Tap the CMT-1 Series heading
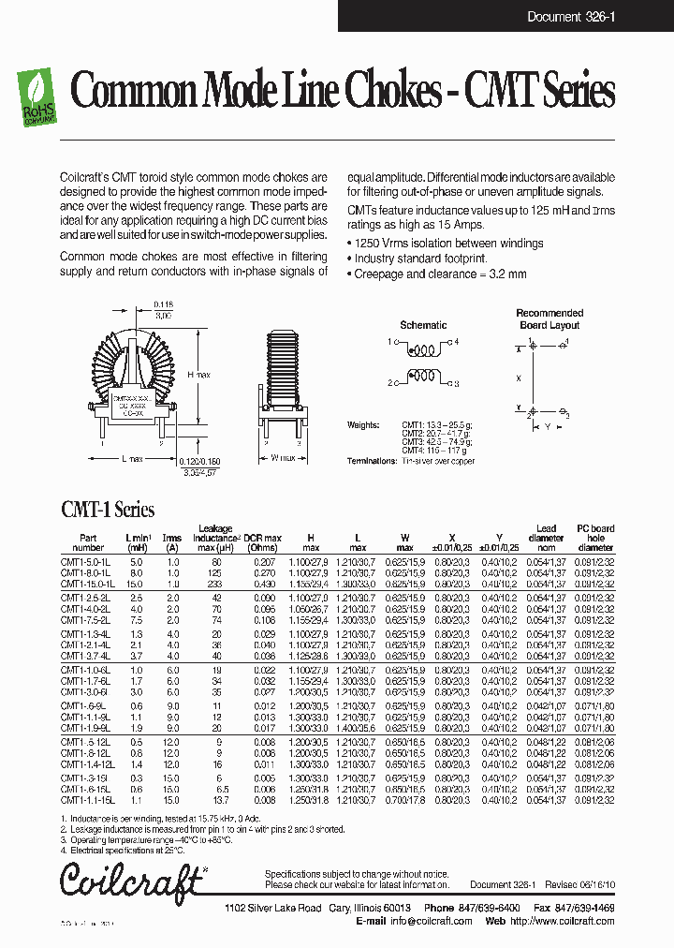(108, 511)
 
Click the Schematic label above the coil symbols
(423, 325)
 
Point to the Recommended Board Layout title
(549, 318)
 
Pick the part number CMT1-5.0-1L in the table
(86, 559)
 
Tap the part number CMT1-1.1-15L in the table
(88, 801)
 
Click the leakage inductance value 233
(216, 583)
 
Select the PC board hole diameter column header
(595, 538)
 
